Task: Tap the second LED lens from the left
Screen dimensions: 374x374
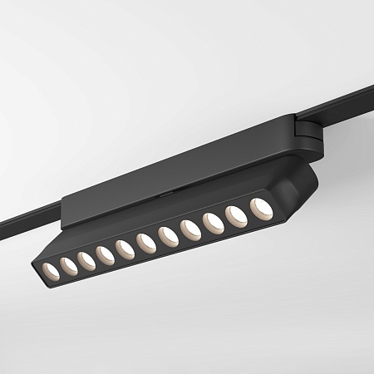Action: click(x=67, y=264)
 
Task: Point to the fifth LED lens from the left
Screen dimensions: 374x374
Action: click(x=125, y=248)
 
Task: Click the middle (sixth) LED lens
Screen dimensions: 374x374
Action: click(x=146, y=243)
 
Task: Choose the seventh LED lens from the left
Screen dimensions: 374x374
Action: click(x=168, y=236)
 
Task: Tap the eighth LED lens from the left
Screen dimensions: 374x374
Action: click(x=190, y=229)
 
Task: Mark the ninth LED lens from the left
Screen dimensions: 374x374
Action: click(x=214, y=223)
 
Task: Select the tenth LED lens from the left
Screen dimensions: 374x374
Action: click(x=237, y=215)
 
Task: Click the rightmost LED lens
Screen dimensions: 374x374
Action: click(x=261, y=207)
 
